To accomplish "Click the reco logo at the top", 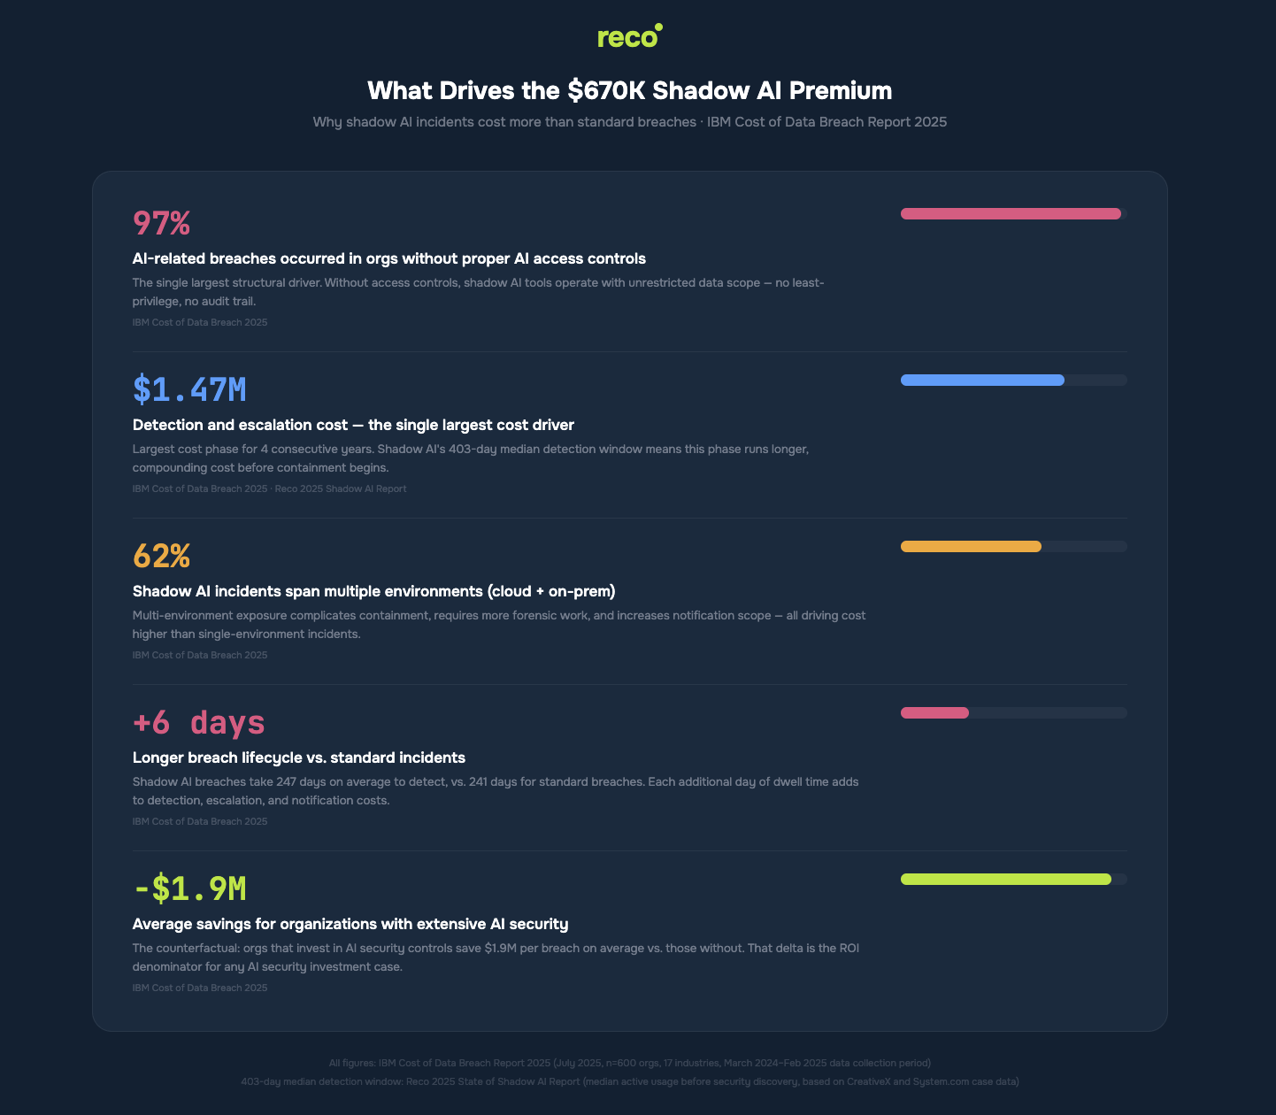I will pos(629,37).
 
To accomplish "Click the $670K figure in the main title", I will pos(606,91).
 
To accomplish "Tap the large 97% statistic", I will pos(161,223).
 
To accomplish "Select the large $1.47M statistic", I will pos(189,389).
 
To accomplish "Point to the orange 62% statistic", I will pos(161,556).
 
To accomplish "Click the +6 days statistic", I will pos(198,722).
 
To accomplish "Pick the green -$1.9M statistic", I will pos(189,888).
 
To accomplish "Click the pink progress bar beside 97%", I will pos(1011,213).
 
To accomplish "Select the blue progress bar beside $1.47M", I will pos(982,380).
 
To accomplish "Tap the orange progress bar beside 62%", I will pos(971,546).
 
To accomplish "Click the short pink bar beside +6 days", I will pos(934,712).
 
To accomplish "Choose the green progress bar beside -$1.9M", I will pos(1005,879).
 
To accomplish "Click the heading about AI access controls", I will pos(388,258).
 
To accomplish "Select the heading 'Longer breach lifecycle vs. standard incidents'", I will pos(298,757).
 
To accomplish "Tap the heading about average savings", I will pos(350,924).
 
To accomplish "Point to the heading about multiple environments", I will pos(373,591).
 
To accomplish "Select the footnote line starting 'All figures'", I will pos(629,1063).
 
